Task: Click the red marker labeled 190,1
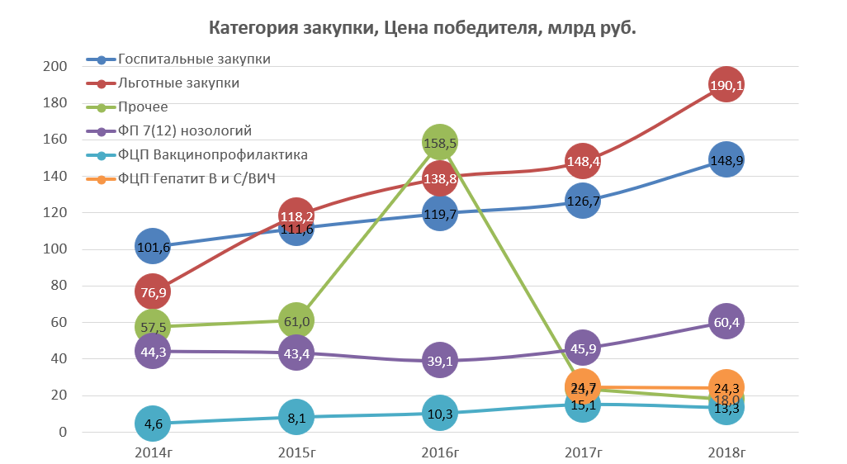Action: point(726,85)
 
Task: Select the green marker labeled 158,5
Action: point(439,142)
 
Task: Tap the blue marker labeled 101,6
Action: point(152,246)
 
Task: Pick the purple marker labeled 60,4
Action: point(726,321)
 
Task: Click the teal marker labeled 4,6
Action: point(152,424)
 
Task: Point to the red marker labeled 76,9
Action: point(152,291)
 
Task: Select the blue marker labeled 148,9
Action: point(726,160)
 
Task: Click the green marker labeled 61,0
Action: point(296,320)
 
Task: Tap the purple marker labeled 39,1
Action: point(439,361)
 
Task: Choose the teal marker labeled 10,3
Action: point(439,413)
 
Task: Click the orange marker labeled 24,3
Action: point(726,386)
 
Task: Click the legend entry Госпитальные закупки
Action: point(194,59)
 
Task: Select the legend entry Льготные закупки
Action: point(179,83)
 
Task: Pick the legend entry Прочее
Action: point(143,107)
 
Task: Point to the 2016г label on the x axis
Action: point(439,452)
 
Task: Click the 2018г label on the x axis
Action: point(726,452)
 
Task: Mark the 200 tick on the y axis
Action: point(54,67)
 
